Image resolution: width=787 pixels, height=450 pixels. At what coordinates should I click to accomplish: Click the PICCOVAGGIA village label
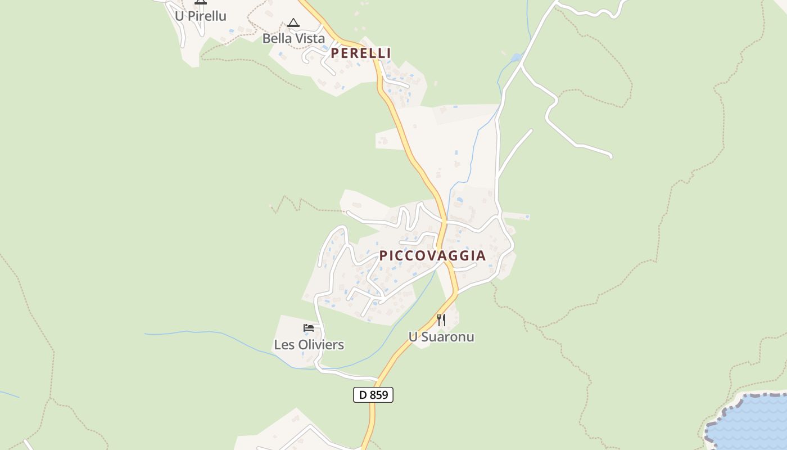pyautogui.click(x=432, y=255)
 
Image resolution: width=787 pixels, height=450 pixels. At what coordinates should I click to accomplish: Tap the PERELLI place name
pyautogui.click(x=360, y=53)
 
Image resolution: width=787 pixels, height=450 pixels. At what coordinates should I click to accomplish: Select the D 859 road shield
pyautogui.click(x=373, y=395)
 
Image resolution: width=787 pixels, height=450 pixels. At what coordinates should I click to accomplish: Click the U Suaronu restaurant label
pyautogui.click(x=441, y=337)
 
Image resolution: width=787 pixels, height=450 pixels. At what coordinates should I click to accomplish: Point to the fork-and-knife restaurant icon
pyautogui.click(x=441, y=320)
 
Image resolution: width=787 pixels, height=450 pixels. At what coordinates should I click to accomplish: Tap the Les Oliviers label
pyautogui.click(x=309, y=345)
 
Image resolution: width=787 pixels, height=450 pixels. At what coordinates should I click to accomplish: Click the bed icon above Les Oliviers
pyautogui.click(x=308, y=328)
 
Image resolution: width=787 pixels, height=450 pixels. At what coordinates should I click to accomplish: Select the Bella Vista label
pyautogui.click(x=293, y=39)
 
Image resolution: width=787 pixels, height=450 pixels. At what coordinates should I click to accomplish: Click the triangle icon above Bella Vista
pyautogui.click(x=293, y=23)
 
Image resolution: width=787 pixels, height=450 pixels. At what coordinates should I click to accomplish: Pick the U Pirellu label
pyautogui.click(x=200, y=16)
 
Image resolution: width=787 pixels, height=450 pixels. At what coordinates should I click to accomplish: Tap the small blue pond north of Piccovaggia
pyautogui.click(x=516, y=57)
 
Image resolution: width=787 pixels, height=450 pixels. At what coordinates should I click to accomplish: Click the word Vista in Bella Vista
pyautogui.click(x=310, y=39)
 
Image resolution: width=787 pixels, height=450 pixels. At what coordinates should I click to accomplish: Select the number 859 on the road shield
pyautogui.click(x=379, y=395)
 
